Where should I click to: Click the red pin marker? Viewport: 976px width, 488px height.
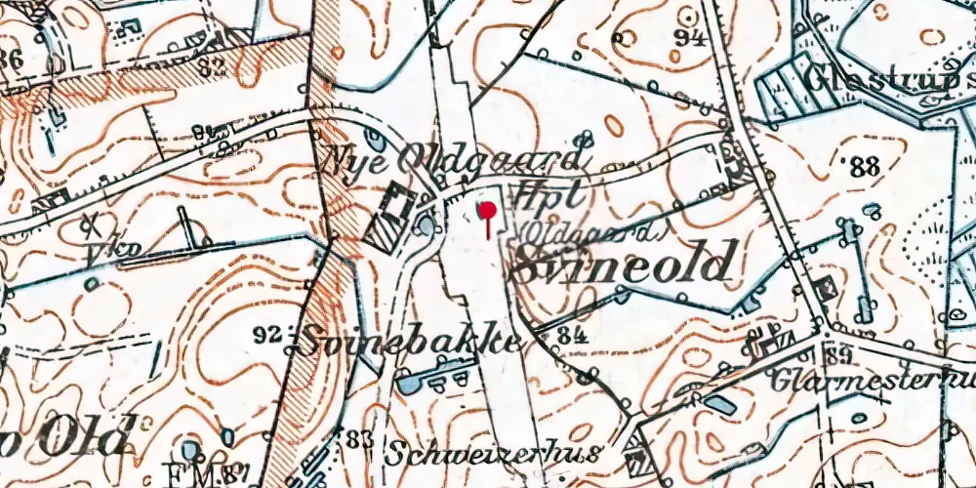pos(486,213)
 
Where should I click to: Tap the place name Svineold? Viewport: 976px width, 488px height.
pos(621,264)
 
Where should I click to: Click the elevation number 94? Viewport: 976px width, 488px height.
pos(695,38)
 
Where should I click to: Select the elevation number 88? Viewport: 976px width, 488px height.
pos(865,167)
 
